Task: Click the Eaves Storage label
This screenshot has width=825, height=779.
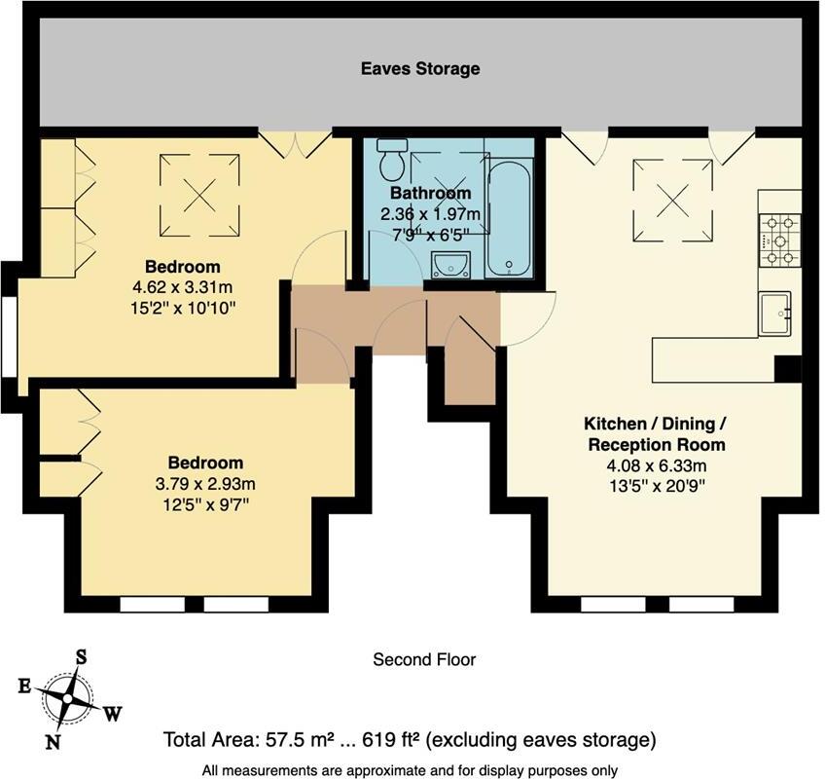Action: coord(420,68)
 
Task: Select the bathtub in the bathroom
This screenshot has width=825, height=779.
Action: coord(510,220)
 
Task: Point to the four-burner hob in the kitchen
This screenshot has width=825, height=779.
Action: coord(780,241)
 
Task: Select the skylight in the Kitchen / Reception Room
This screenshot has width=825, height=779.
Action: coord(672,202)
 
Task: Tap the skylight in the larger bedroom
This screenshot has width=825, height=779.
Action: coord(198,194)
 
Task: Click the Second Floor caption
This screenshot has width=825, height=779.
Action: coord(424,660)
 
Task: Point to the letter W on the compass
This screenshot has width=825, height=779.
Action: coord(113,714)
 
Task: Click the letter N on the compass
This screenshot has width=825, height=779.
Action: coord(54,742)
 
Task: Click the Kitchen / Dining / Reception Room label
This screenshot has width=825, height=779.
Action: coord(654,433)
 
